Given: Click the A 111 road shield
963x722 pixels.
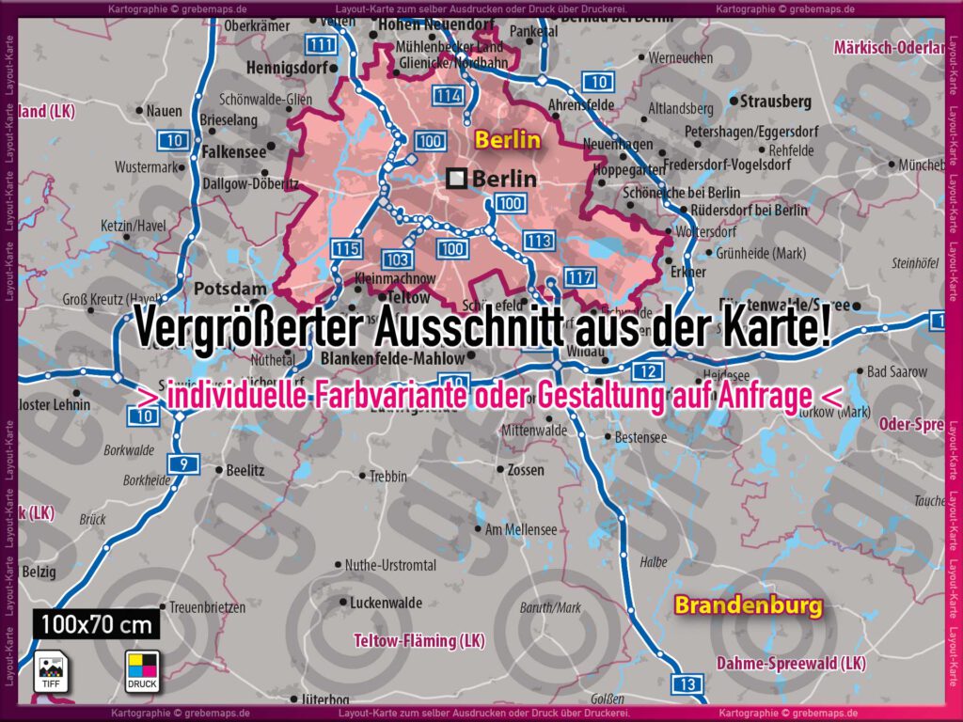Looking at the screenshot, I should [x=323, y=45].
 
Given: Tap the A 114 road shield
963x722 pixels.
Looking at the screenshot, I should [x=449, y=95].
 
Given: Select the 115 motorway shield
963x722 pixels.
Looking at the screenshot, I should [x=346, y=249].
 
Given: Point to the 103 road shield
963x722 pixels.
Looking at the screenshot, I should [x=397, y=259].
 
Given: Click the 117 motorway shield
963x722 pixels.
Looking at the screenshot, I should [x=580, y=277].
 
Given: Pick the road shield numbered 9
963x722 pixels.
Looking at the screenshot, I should [x=183, y=462].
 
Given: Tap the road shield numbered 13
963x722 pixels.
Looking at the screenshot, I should [x=687, y=683].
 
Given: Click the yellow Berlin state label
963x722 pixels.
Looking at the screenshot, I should [x=508, y=141].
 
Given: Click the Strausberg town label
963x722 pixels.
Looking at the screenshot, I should [x=775, y=101].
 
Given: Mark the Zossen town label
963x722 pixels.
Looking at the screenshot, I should [x=525, y=469].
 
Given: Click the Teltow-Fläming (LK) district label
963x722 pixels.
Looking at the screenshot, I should [x=418, y=641].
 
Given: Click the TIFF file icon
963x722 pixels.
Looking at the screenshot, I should [x=50, y=670].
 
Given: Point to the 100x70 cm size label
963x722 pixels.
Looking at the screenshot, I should [x=99, y=623].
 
